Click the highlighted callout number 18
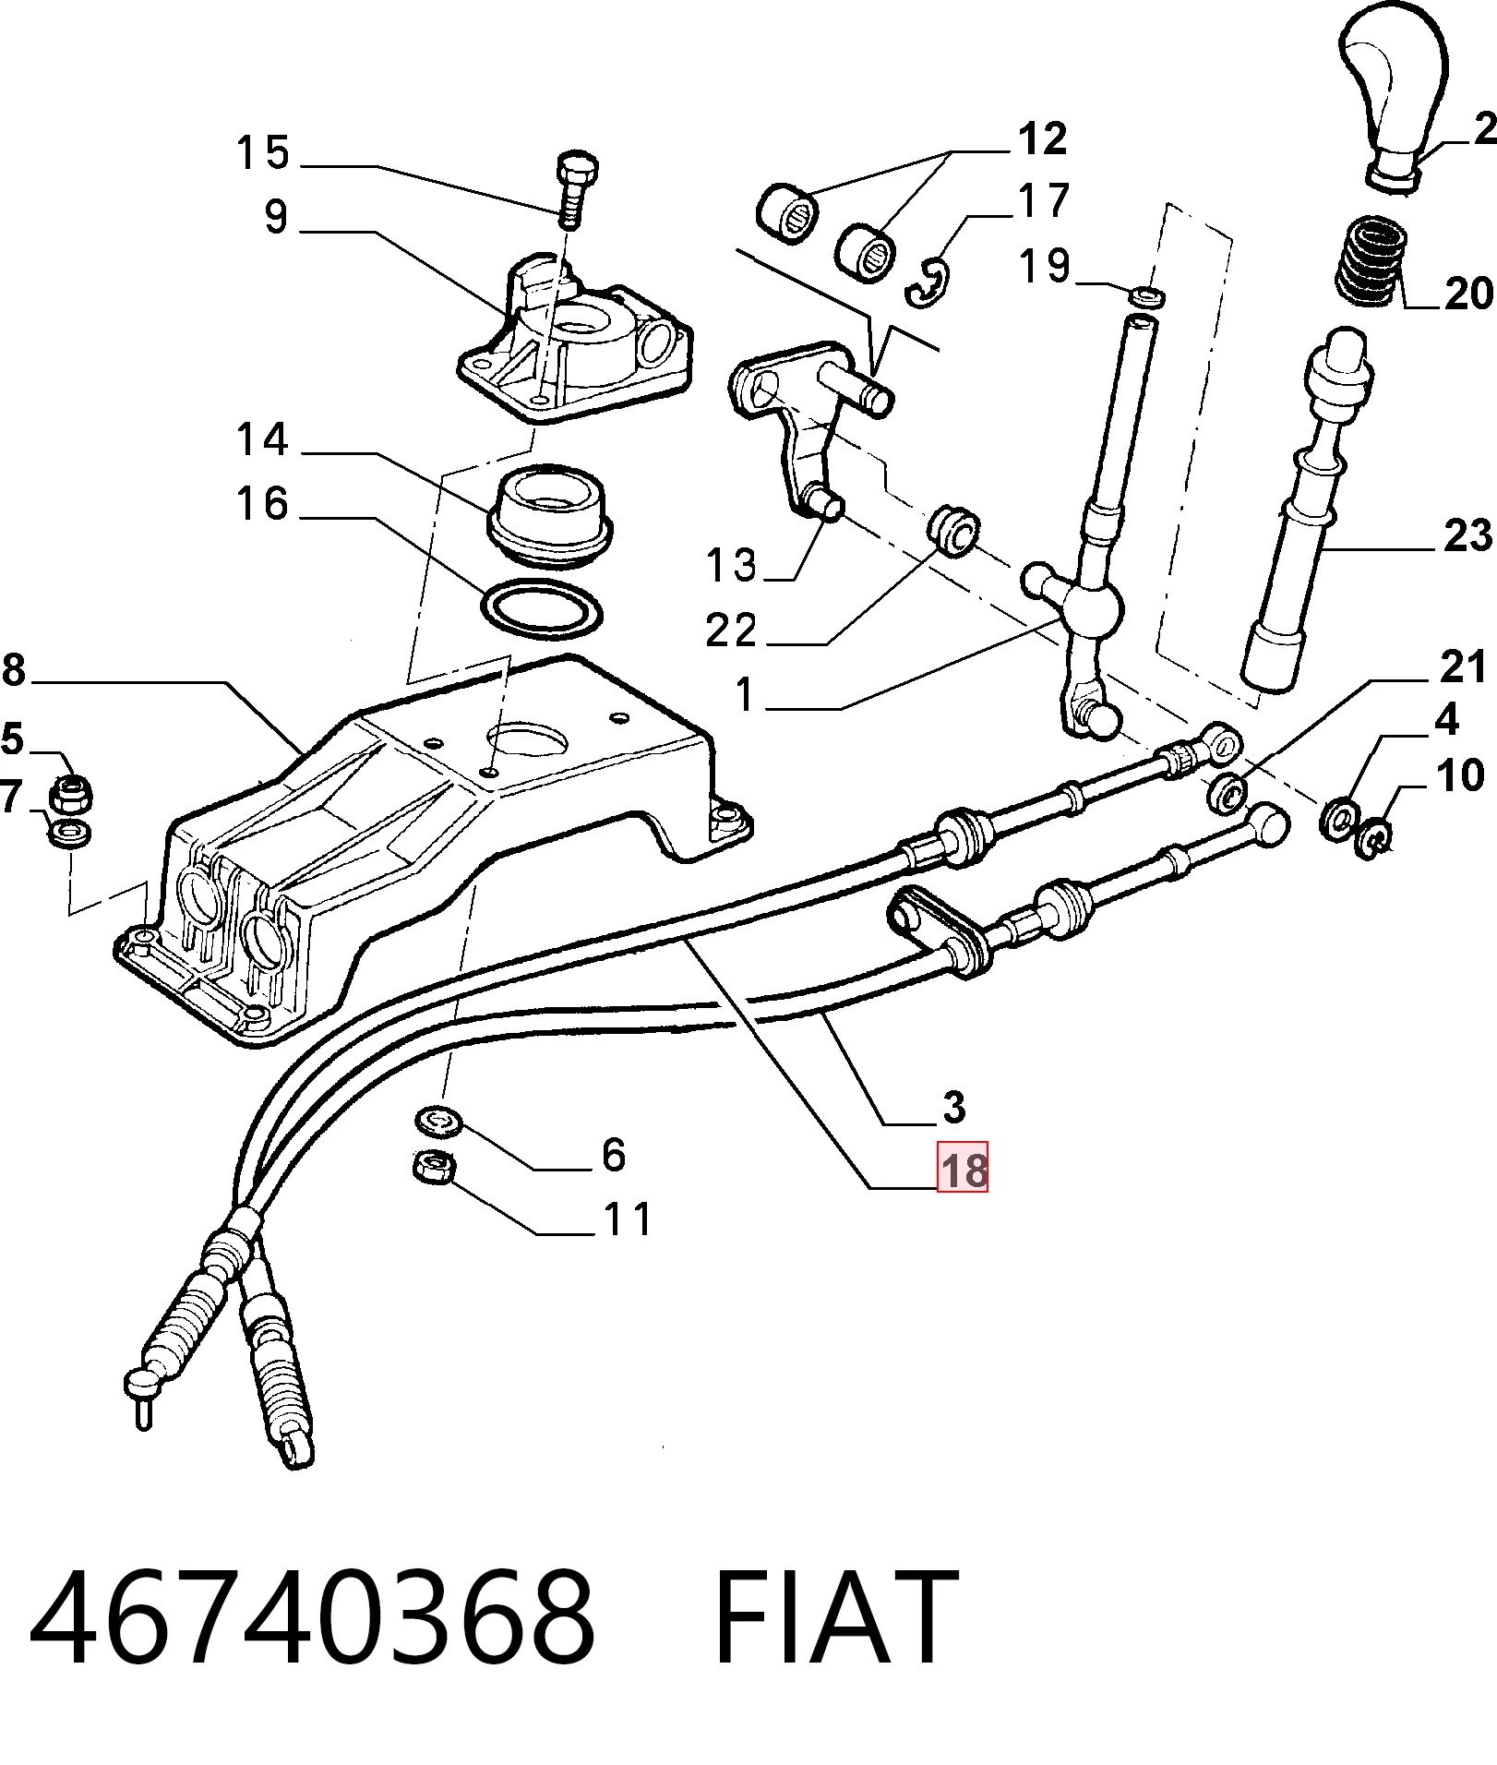pyautogui.click(x=963, y=1167)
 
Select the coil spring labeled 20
pyautogui.click(x=1372, y=260)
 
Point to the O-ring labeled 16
pyautogui.click(x=542, y=609)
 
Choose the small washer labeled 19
pyautogui.click(x=1146, y=296)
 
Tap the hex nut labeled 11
pyautogui.click(x=431, y=1167)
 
